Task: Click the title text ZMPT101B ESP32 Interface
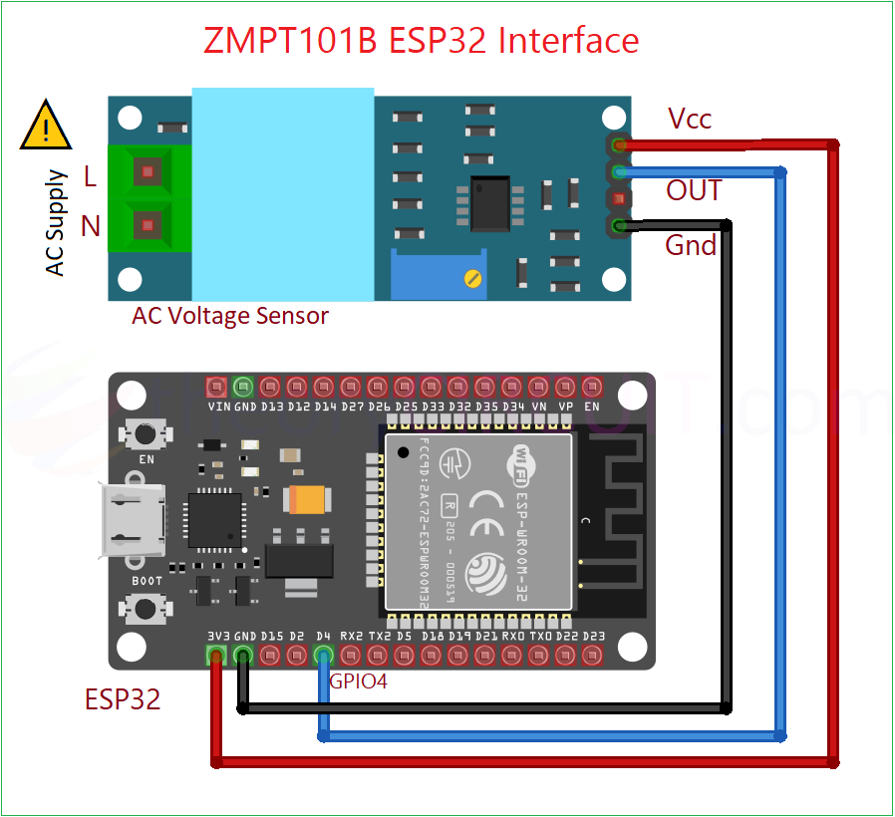coord(421,41)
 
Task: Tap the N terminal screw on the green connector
coord(148,224)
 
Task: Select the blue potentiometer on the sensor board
coord(439,275)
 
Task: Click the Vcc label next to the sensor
coord(690,120)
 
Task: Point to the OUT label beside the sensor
coord(694,190)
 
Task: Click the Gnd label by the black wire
coord(691,245)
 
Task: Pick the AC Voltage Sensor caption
coord(230,317)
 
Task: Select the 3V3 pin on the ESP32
coord(215,655)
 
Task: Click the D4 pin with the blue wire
coord(323,655)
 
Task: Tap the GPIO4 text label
coord(358,682)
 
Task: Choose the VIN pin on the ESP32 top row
coord(216,387)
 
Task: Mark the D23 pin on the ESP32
coord(592,655)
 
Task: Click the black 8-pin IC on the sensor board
coord(490,202)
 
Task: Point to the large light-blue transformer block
coord(282,194)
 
